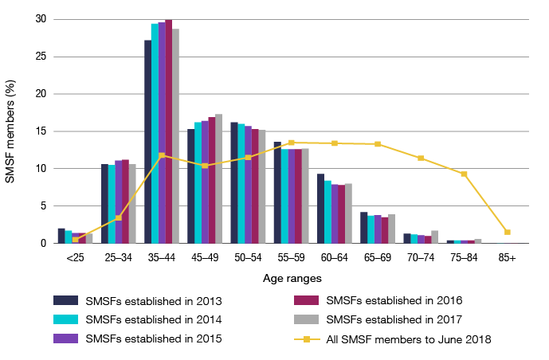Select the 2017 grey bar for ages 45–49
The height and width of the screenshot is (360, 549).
[218, 178]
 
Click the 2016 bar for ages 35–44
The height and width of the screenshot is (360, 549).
[168, 131]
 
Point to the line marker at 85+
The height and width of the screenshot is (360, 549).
[507, 232]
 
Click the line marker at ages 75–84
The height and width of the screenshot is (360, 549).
[464, 174]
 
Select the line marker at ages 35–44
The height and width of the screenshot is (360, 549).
[162, 155]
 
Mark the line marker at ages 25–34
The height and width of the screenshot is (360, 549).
[118, 217]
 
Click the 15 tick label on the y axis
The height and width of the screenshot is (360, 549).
[40, 131]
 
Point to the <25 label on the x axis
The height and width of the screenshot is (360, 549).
[75, 258]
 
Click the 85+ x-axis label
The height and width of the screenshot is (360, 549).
[507, 258]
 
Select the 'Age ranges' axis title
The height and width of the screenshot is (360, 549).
[292, 278]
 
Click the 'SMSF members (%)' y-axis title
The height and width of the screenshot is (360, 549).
[10, 131]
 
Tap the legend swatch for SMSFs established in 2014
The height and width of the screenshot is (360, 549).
[65, 319]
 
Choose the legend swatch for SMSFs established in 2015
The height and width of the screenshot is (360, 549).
[65, 338]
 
